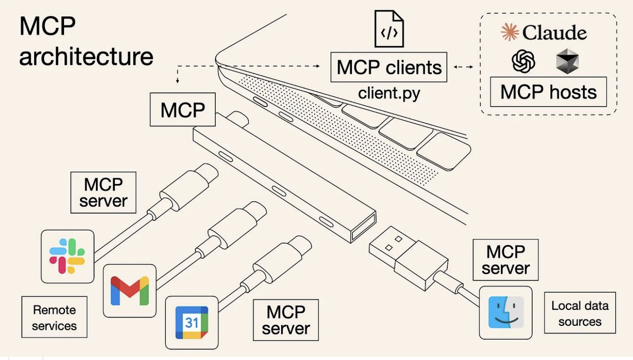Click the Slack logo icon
coord(67,256)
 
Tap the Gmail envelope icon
coord(129,291)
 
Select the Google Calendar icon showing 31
coord(191,323)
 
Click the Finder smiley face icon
coord(506,312)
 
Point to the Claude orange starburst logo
coord(509,33)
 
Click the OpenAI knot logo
coord(523,61)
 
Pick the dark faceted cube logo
coord(567,61)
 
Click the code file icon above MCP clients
coord(389,28)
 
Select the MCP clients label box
coord(389,67)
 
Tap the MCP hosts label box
coord(548,92)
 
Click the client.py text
coord(389,93)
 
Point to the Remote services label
coord(54,318)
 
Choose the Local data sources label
coord(580,313)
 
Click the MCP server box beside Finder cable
coord(505,260)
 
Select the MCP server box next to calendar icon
coord(286,320)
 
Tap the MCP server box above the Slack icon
coord(103,192)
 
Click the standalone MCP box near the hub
coord(183,109)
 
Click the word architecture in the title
coord(86,56)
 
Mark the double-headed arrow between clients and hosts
coord(463,67)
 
